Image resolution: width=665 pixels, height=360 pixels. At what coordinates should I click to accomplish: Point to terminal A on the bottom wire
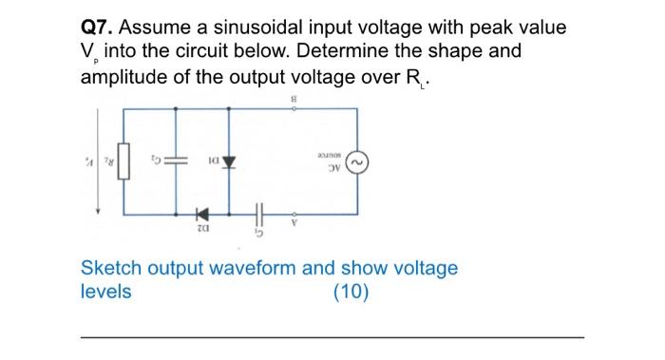[x=294, y=216]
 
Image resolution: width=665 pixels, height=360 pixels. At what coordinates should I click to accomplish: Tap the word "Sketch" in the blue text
[x=111, y=268]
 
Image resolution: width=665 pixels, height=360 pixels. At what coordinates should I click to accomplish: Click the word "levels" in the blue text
[x=106, y=292]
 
